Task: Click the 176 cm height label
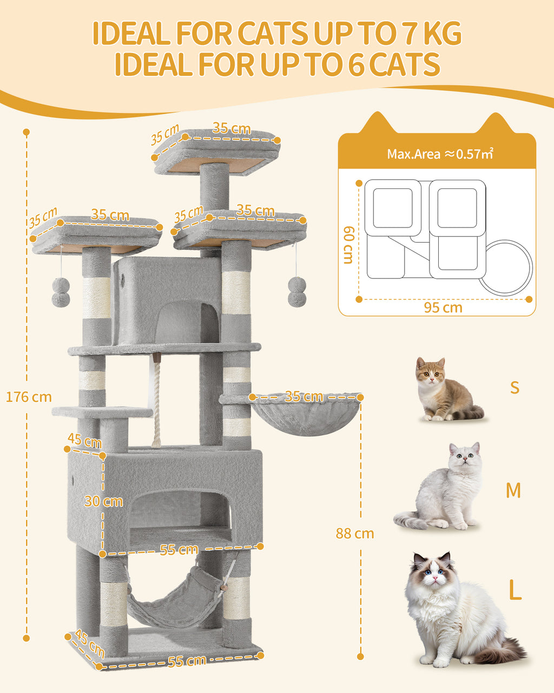tap(29, 397)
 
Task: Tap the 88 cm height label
tap(354, 533)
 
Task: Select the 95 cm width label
tap(443, 308)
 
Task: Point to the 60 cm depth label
tap(348, 245)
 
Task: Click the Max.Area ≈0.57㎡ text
tap(439, 154)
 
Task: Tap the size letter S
tap(514, 388)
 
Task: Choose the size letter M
tap(513, 491)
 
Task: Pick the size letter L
tap(515, 591)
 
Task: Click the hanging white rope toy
tap(156, 401)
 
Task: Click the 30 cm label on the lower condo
tap(103, 501)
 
